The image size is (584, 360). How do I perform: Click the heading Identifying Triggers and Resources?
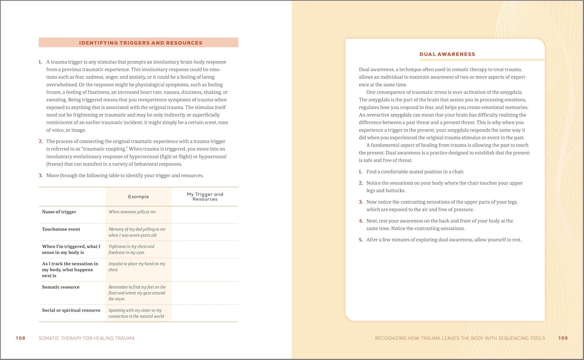pos(141,43)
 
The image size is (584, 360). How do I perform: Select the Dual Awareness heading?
pos(447,54)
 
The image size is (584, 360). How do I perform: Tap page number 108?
pos(20,338)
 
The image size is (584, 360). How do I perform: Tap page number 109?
pos(563,338)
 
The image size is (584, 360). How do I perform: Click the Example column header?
pos(138,197)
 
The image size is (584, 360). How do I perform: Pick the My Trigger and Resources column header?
pos(205,197)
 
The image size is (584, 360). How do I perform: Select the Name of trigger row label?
pos(59,212)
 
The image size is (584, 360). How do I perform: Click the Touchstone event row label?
pos(61,229)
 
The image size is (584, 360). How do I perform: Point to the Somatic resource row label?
pos(61,287)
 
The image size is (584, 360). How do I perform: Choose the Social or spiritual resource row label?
pos(71,310)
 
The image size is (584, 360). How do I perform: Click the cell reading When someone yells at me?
pos(132,212)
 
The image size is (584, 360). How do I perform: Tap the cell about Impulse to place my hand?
pos(137,267)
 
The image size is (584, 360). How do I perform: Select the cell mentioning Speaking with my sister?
pos(136,313)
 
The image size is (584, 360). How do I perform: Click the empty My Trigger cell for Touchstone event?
pos(205,232)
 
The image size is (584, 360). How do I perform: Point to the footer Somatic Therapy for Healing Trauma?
pos(86,338)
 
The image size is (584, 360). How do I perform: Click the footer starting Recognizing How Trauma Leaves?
pos(460,338)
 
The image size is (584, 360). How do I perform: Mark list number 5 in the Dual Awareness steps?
pos(361,240)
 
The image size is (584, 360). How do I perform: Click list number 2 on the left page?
pos(40,141)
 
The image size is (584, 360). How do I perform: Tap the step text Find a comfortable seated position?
pos(415,172)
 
